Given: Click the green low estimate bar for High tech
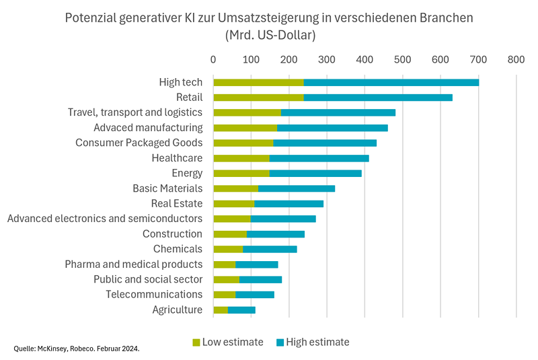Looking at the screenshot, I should (x=258, y=82).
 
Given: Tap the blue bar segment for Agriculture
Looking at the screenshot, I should (x=242, y=310).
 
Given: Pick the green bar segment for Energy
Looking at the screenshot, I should (x=241, y=173).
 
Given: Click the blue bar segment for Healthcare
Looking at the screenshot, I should (x=319, y=158).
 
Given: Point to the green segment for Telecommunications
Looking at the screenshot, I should (x=225, y=295).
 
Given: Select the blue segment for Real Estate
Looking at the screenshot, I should (x=289, y=203).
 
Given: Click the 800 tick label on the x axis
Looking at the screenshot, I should (x=516, y=59).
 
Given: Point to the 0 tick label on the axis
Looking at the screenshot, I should (x=214, y=59).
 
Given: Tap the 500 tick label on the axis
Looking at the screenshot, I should (x=402, y=59).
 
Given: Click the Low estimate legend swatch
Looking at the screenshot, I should (x=196, y=343).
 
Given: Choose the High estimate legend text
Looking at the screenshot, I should (x=317, y=343).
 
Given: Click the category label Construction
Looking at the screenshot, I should (x=172, y=234).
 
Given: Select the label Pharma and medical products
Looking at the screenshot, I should (x=133, y=264).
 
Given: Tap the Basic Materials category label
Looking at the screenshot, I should (x=167, y=188).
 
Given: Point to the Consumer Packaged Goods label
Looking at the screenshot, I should (x=139, y=143).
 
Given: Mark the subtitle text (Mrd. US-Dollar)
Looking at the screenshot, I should (x=269, y=34).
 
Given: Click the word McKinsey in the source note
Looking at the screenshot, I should (x=50, y=349).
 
